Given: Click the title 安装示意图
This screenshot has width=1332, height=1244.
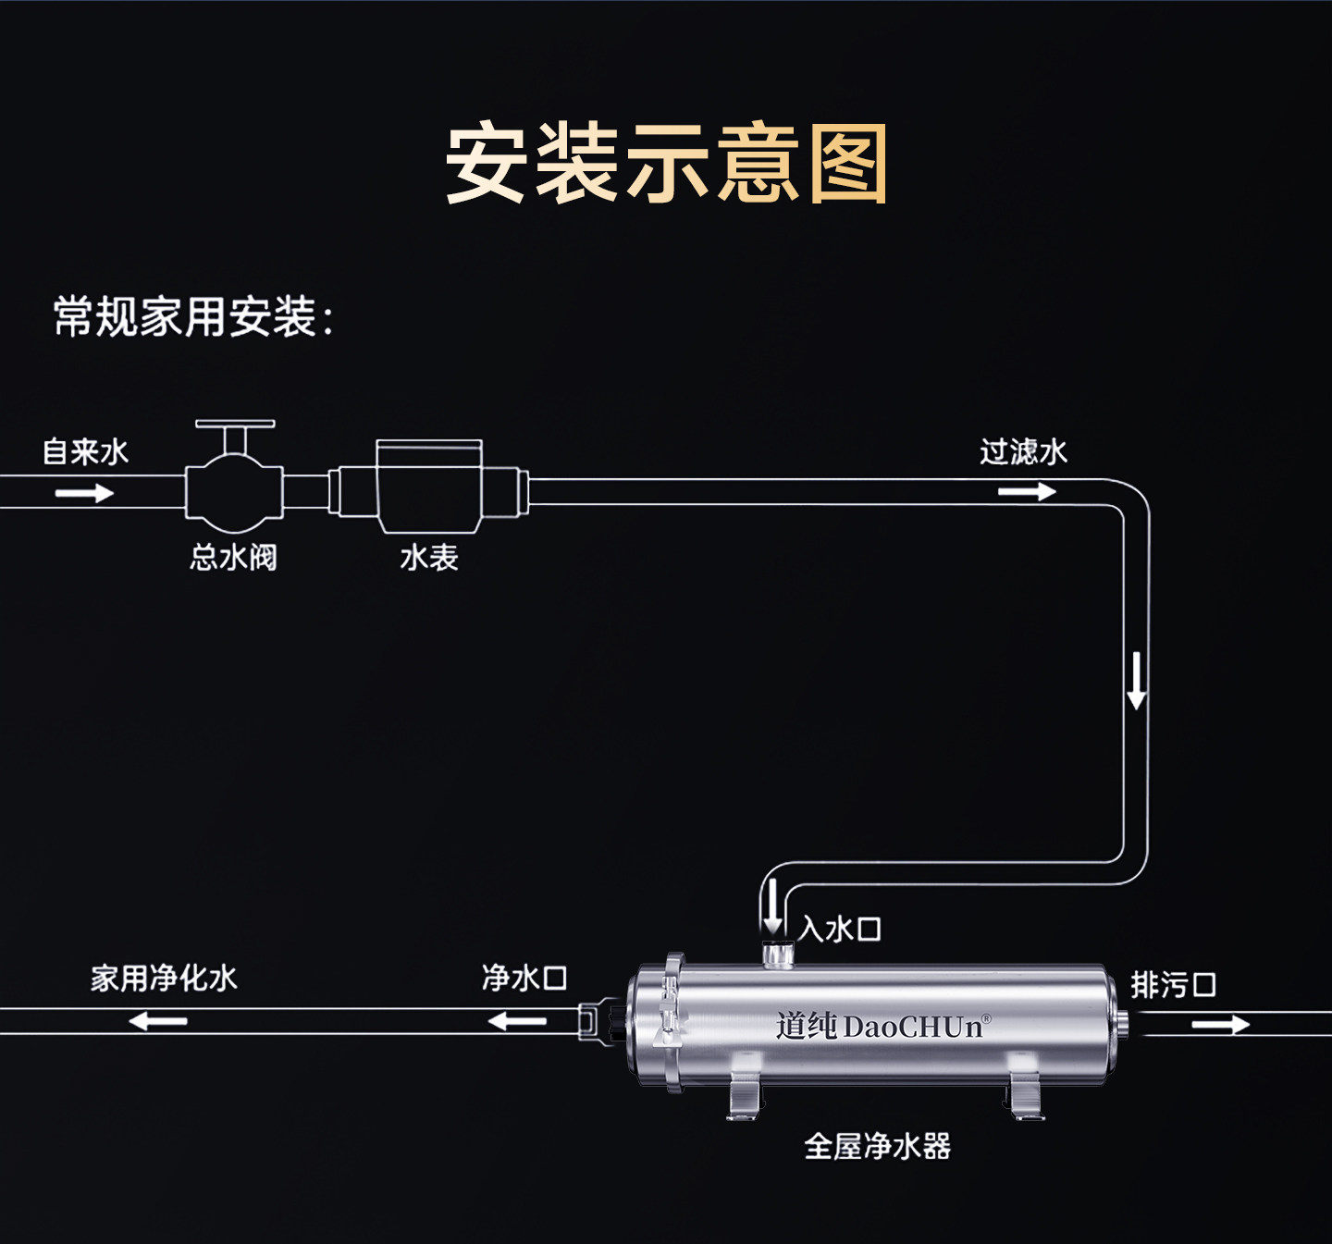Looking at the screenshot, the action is pos(667,163).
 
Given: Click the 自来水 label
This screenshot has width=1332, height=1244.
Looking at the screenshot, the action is pos(85,451).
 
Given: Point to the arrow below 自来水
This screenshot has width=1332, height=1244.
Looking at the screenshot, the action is pos(84,493).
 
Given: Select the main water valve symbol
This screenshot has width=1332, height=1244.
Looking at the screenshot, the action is pos(234,472).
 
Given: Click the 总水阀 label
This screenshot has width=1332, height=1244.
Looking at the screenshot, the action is pos(233,557).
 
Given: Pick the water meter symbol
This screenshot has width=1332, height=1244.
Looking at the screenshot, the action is pos(429,487).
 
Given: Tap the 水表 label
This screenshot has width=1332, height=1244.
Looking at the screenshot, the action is pos(429,557).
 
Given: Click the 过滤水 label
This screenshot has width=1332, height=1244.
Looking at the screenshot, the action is pos(1023,451).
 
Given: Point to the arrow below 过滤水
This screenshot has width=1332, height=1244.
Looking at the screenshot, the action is pos(1027,491).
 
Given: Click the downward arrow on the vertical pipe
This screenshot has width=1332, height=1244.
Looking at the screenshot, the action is pos(1136,681).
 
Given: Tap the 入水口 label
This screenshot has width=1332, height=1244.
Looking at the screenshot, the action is pos(840,930).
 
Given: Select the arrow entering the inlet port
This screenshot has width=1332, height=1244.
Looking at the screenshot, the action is pos(773,906).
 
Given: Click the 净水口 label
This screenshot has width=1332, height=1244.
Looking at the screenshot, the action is pos(524,978).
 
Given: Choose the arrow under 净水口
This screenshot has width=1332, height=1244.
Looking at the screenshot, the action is pos(517,1022).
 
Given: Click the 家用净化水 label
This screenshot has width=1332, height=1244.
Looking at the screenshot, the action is pos(164,979).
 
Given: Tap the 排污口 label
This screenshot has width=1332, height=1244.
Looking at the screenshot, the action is pos(1173,985).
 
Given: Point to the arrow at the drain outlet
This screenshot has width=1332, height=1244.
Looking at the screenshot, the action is pos(1221,1024).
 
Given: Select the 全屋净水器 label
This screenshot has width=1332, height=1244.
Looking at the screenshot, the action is pos(877,1146).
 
